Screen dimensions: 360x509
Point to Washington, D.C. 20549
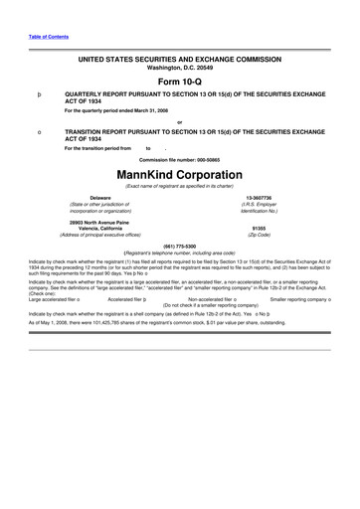click(x=181, y=68)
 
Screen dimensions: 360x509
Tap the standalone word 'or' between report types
click(x=179, y=122)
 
